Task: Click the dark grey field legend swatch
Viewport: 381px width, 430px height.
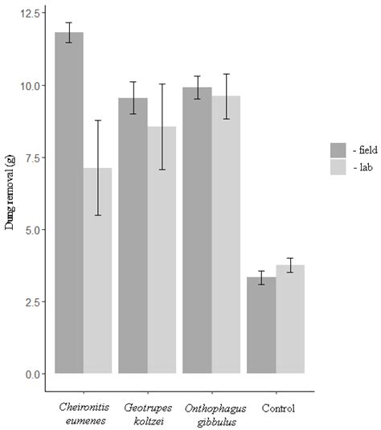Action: click(338, 150)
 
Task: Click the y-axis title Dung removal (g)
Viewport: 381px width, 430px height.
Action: click(10, 193)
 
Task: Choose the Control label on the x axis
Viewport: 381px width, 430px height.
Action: click(276, 408)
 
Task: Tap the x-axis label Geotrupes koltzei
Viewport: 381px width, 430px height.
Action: click(148, 414)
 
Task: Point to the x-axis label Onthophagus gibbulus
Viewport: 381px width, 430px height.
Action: click(211, 414)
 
